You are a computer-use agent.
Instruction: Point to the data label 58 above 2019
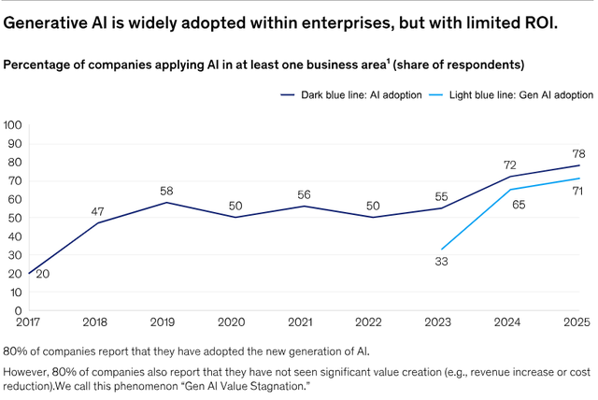[166, 191]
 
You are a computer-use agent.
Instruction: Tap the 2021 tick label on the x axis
[298, 322]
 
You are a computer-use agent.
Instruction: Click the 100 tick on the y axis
[13, 125]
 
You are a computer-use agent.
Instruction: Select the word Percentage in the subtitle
[39, 64]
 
